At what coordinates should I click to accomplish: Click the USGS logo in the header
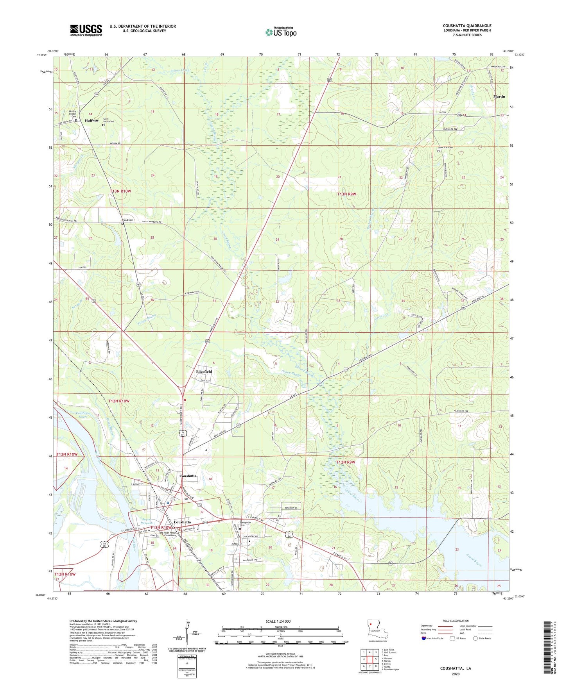(x=86, y=30)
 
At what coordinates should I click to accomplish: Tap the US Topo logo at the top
(x=281, y=32)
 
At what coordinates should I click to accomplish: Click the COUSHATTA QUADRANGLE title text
(x=467, y=26)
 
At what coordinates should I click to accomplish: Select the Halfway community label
(x=92, y=121)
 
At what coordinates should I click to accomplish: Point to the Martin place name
(x=499, y=96)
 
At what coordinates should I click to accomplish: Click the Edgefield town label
(x=204, y=371)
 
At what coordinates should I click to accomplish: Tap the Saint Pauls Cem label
(x=108, y=120)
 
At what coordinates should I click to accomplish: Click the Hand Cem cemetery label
(x=128, y=220)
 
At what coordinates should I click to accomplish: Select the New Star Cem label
(x=445, y=148)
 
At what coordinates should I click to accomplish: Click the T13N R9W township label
(x=346, y=194)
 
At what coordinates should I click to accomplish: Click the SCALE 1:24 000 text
(x=278, y=621)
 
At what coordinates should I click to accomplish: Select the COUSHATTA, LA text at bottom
(x=456, y=668)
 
